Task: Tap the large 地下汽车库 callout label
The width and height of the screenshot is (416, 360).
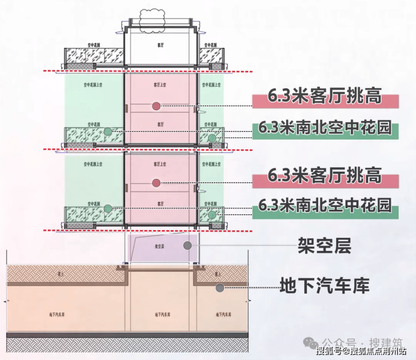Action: click(x=324, y=286)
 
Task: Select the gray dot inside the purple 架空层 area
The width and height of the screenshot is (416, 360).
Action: click(x=187, y=246)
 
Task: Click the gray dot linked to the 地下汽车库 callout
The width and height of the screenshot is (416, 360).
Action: click(x=220, y=287)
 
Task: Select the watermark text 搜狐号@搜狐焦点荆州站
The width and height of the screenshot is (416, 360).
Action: click(x=361, y=352)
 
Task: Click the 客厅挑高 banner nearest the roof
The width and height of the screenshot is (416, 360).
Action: click(x=325, y=97)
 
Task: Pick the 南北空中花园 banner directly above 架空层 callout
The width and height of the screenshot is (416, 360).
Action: click(x=325, y=205)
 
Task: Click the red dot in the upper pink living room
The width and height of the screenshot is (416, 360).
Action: click(x=156, y=106)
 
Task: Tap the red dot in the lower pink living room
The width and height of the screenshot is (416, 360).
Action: click(x=156, y=182)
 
